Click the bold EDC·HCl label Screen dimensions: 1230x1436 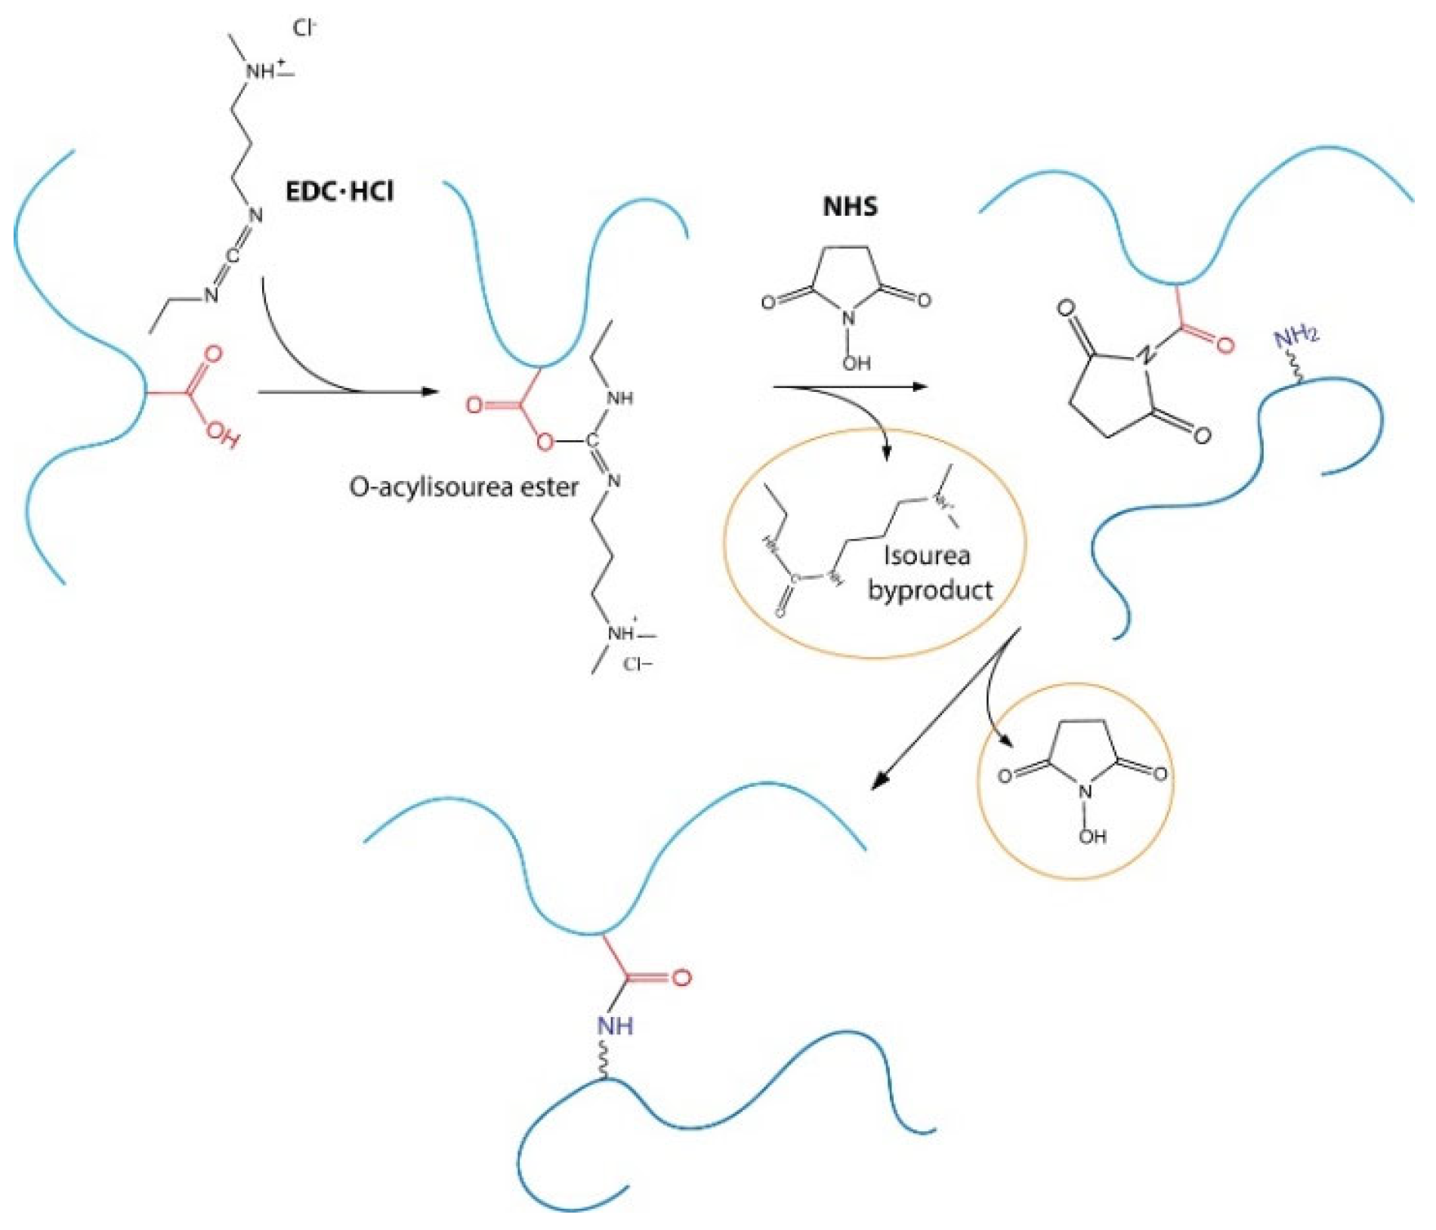339,192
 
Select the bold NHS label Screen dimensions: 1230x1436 850,206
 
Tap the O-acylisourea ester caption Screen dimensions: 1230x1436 463,487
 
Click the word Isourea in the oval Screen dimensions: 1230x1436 927,556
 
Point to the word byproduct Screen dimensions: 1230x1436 930,590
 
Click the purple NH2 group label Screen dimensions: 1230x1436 1296,337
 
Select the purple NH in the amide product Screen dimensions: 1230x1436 616,1025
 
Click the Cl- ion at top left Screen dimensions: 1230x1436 305,29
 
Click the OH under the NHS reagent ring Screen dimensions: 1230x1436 857,363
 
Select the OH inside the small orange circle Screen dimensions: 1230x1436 1092,836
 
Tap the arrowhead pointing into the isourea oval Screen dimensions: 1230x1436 887,452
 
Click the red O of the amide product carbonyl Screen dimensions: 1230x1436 681,978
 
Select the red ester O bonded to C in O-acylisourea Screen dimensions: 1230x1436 544,442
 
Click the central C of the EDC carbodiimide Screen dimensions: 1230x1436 233,256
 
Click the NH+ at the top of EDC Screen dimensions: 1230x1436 264,72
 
